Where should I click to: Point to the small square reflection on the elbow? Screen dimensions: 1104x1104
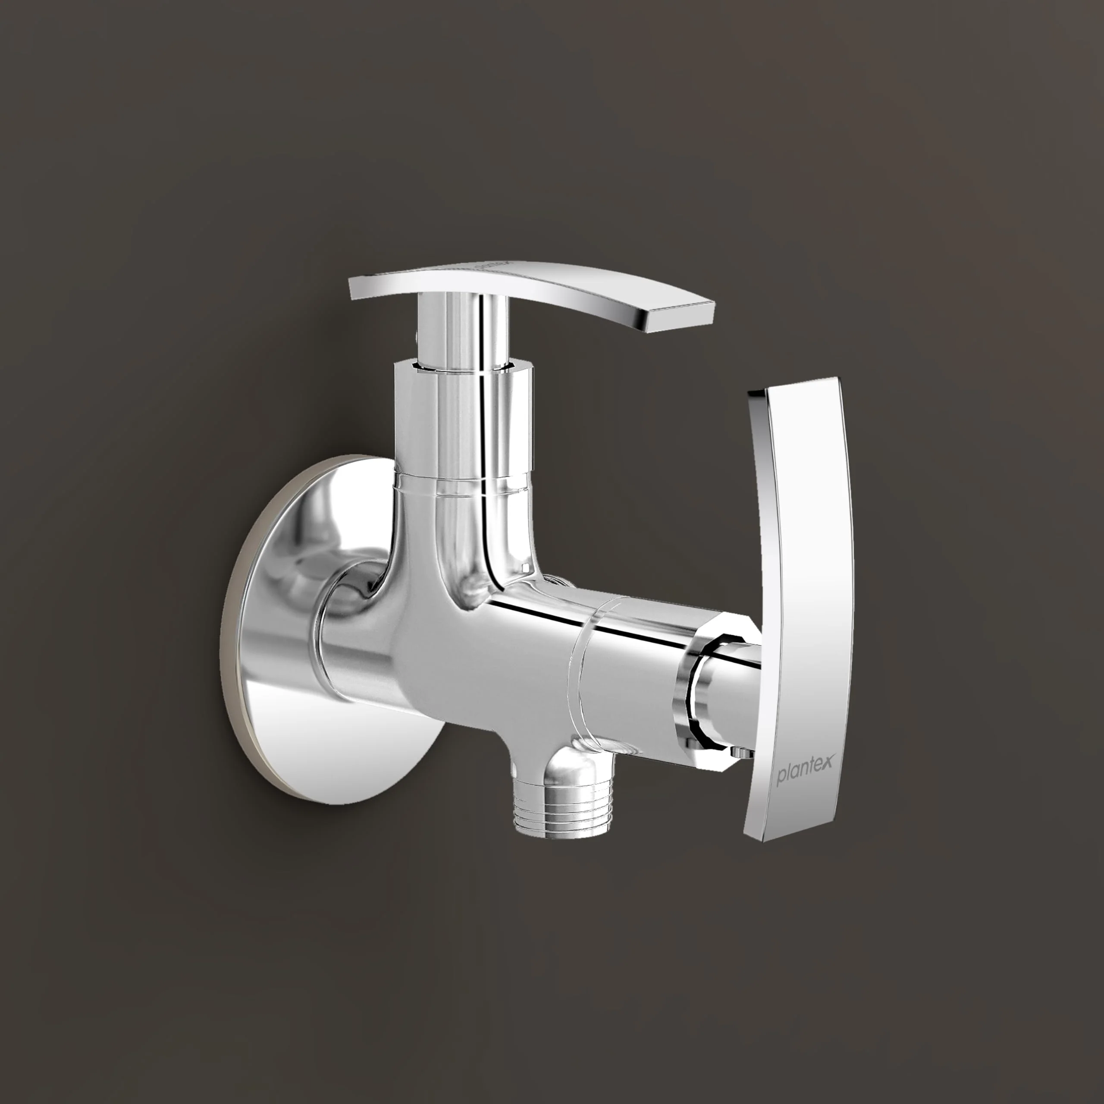524,567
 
